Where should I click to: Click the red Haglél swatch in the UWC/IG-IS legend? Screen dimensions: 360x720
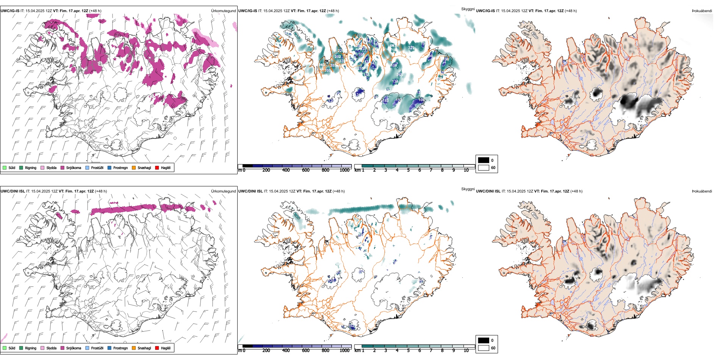(x=157, y=167)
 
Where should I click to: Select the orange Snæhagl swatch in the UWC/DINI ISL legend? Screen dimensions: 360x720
(x=134, y=348)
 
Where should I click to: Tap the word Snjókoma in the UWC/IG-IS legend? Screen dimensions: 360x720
(x=74, y=167)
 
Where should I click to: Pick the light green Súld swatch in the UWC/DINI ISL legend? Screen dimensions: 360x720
(x=5, y=348)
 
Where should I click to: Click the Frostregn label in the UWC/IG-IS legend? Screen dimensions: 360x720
(x=121, y=167)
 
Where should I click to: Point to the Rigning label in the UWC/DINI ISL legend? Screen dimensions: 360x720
(x=31, y=348)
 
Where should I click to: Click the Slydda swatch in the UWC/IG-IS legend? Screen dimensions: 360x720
(x=42, y=167)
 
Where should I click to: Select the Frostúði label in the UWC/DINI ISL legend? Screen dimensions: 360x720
(x=97, y=348)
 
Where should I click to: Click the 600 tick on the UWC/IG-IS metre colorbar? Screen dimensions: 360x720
(x=306, y=170)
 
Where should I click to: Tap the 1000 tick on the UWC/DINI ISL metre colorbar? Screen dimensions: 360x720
(x=344, y=351)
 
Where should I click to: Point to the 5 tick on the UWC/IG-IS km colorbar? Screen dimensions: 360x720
(x=409, y=170)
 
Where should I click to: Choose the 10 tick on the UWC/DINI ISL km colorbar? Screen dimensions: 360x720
(x=466, y=351)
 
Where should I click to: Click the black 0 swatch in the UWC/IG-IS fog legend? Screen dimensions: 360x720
(x=484, y=160)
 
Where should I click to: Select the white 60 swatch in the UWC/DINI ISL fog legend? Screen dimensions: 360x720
(x=484, y=348)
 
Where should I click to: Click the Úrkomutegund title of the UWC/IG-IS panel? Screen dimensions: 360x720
(x=223, y=11)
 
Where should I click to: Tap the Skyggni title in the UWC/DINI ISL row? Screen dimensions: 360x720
(x=468, y=189)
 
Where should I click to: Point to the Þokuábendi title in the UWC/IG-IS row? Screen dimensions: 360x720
(x=702, y=11)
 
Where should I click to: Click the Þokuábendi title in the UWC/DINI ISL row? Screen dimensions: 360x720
(x=702, y=191)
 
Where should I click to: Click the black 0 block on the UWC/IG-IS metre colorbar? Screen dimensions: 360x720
(x=247, y=166)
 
